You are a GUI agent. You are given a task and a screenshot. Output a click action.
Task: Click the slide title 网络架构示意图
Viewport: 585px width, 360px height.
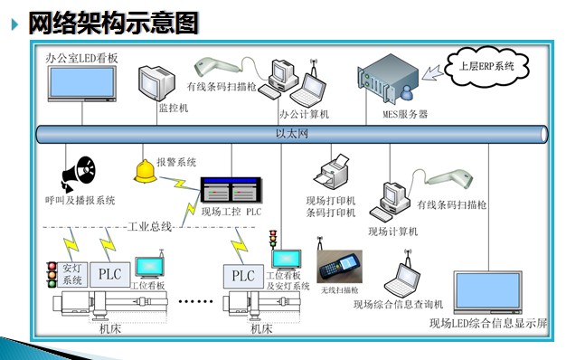[113, 24]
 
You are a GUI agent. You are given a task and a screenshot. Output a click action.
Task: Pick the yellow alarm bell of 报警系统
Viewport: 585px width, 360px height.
[144, 173]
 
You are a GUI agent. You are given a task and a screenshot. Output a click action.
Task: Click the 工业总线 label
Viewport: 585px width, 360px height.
[149, 226]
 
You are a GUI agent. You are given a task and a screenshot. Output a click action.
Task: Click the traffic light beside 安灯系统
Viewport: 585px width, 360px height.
[52, 273]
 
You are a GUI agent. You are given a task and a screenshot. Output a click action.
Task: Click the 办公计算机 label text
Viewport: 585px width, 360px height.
[304, 115]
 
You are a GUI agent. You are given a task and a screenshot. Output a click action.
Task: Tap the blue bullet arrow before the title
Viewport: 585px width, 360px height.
[14, 24]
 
